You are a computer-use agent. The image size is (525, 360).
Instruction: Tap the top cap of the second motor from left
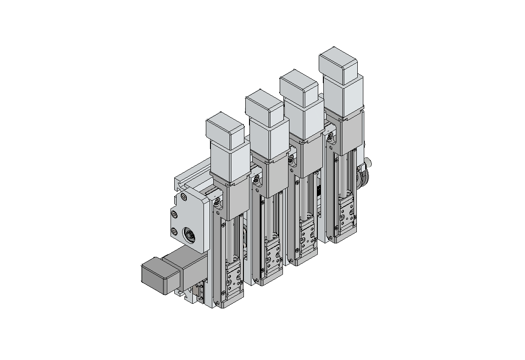coord(264,108)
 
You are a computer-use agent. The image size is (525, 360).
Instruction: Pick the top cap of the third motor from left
coord(299,87)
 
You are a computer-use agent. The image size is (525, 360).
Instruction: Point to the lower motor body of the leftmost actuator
coord(230,160)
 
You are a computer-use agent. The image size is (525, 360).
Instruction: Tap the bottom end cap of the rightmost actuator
coord(347,235)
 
